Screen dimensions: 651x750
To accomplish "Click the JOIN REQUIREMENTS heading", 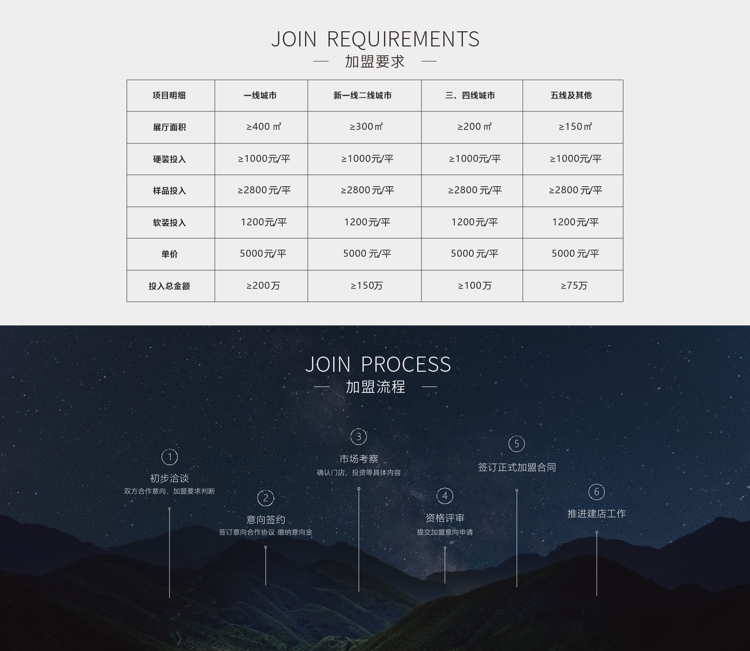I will (375, 39).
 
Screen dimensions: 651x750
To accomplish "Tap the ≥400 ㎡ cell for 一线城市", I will (264, 127).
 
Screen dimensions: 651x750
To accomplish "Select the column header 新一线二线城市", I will (362, 96).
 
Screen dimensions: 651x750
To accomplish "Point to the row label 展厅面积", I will (170, 127).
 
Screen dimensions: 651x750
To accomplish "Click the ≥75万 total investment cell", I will (574, 286).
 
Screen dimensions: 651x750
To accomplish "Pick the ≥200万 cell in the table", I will (263, 286).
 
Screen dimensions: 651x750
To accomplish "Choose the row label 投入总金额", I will (170, 286).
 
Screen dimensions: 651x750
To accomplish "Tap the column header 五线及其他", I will (571, 96).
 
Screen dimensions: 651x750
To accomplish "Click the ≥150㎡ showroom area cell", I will (575, 127).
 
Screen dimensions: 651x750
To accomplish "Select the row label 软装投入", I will (170, 223).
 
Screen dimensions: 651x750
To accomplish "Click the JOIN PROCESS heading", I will (378, 364).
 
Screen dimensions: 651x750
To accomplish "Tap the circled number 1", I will (170, 457).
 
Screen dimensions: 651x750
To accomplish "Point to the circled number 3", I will (359, 436).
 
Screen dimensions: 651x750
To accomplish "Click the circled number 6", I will (596, 492).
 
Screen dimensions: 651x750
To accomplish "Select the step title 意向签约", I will (266, 519).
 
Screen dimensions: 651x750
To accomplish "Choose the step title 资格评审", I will (445, 518).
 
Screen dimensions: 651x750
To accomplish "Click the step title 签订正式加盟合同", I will (517, 467).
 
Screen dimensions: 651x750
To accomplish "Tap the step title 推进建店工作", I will (596, 514).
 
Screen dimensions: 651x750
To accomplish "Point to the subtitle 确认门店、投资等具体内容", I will (359, 473).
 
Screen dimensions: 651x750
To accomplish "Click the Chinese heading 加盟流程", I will (375, 387).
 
